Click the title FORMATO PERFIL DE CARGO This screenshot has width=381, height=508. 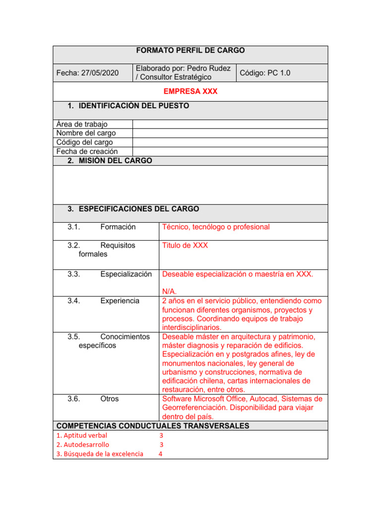coord(190,51)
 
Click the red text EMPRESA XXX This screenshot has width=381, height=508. coord(190,91)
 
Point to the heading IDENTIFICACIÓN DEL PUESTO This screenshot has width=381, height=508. coord(128,106)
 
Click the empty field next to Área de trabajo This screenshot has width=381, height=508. coord(230,125)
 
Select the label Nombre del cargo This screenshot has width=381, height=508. coord(86,133)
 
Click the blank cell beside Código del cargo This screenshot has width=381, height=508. coord(230,142)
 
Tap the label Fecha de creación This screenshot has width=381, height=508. coord(87,151)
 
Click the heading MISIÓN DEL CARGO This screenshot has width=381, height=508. coord(110,161)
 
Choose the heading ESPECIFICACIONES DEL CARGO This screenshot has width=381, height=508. coord(133,209)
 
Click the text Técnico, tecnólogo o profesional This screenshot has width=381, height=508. coord(216,227)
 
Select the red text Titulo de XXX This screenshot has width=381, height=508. coord(185,245)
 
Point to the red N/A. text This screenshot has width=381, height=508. coord(169,291)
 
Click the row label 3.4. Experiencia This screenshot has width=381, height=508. coord(103,301)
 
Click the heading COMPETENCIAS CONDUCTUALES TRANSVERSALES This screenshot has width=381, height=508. coord(153,426)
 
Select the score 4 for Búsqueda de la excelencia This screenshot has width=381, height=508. coord(160,454)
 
